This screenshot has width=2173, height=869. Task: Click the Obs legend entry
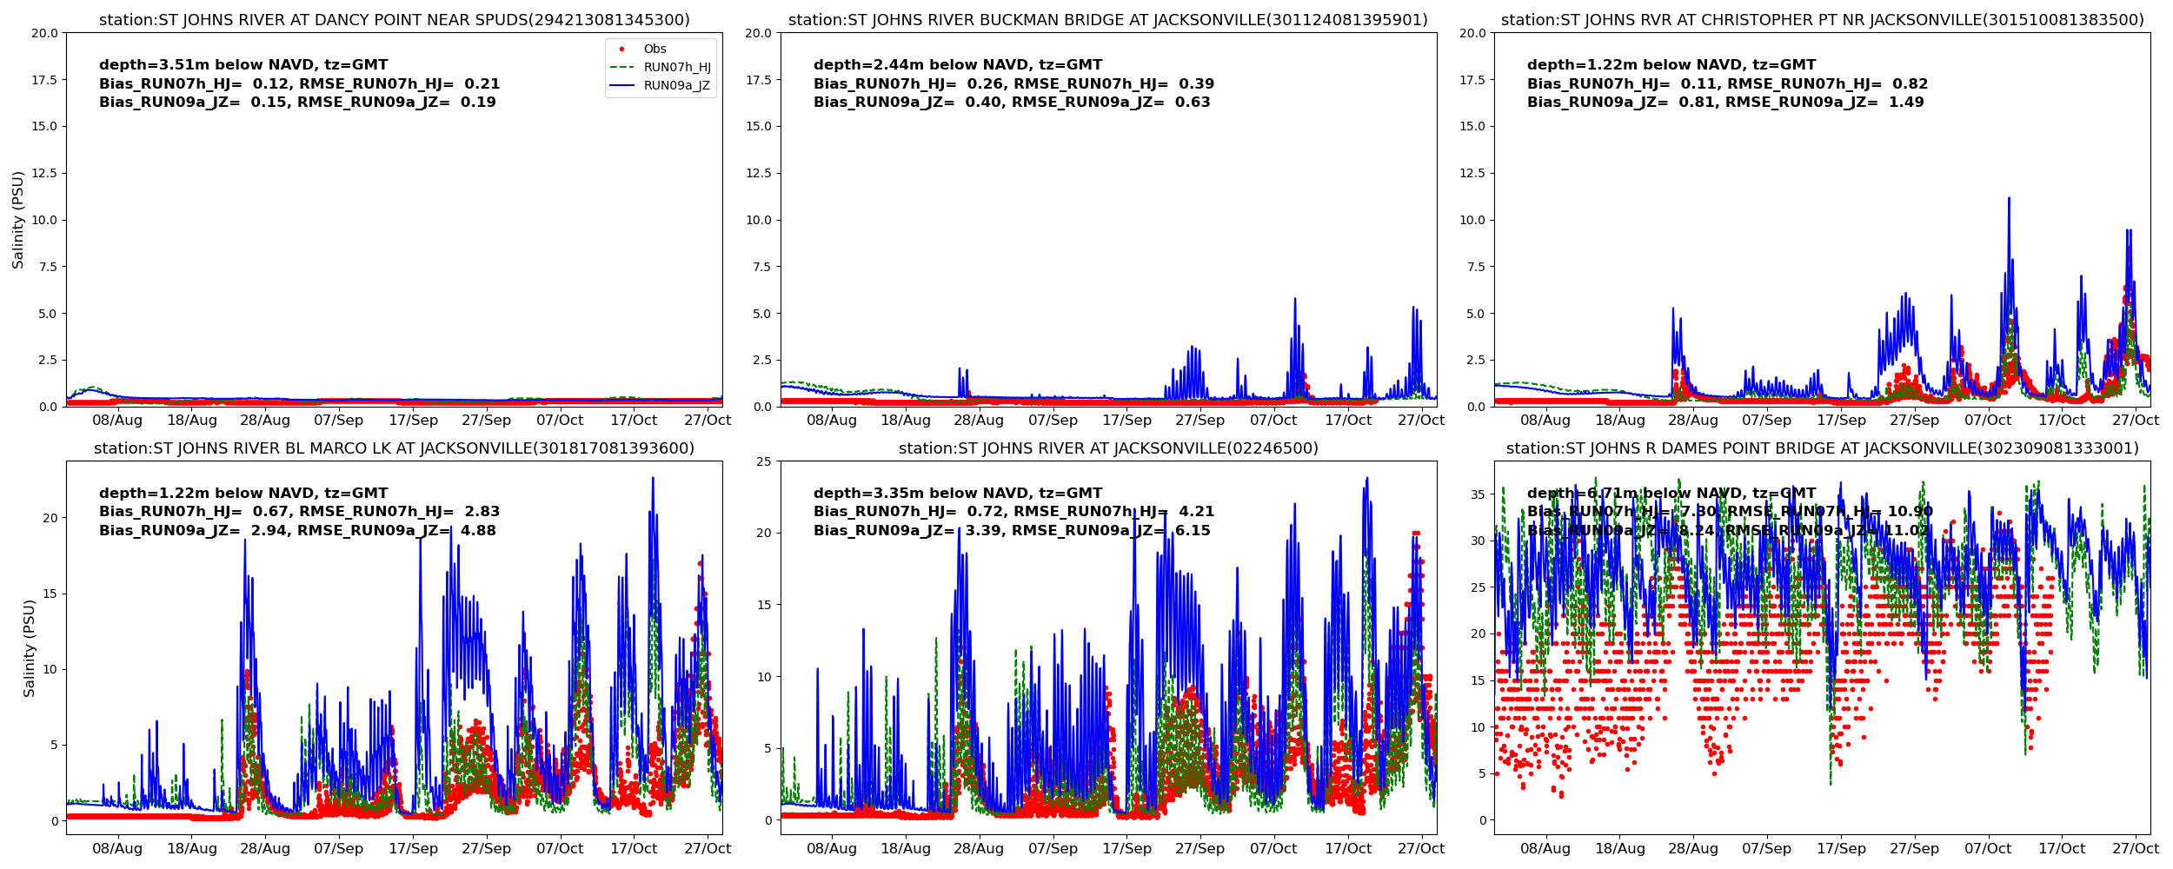pos(655,49)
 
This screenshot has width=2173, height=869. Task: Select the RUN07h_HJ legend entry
pos(676,67)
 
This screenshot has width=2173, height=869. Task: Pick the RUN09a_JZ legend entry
pos(676,85)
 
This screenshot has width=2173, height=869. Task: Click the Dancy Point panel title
pos(394,20)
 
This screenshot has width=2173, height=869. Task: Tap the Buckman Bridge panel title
pos(1108,20)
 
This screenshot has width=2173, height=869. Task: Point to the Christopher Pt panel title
pos(1822,20)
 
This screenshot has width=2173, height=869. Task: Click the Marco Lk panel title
pos(394,448)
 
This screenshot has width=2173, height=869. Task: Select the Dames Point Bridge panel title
pos(1822,448)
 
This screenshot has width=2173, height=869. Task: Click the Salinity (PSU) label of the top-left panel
pos(18,220)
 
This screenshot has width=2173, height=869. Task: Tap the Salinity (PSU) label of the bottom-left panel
pos(29,647)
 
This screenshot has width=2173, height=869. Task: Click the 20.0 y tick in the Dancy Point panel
pos(44,33)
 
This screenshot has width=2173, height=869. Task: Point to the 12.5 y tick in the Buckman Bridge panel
pos(758,173)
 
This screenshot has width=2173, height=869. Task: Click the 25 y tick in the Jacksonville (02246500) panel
pos(763,461)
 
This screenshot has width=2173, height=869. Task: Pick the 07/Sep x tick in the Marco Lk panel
pos(339,848)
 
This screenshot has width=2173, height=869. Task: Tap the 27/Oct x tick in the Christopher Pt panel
pos(2135,420)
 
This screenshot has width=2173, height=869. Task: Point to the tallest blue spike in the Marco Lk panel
pos(653,479)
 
